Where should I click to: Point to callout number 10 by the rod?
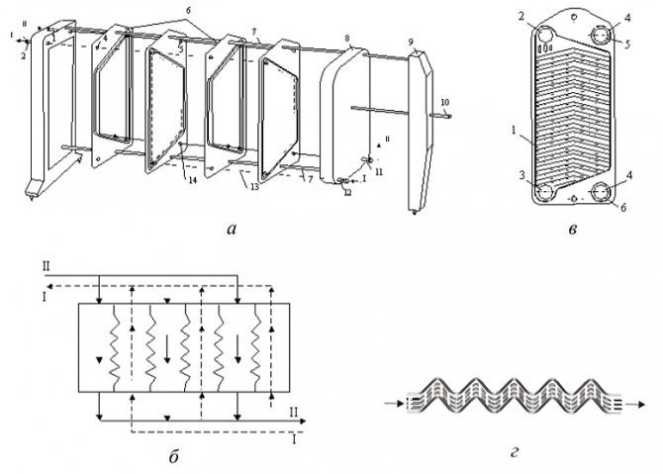point(444,102)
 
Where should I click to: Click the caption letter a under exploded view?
point(232,230)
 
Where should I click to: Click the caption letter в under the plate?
point(574,231)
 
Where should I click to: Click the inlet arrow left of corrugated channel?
point(394,404)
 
